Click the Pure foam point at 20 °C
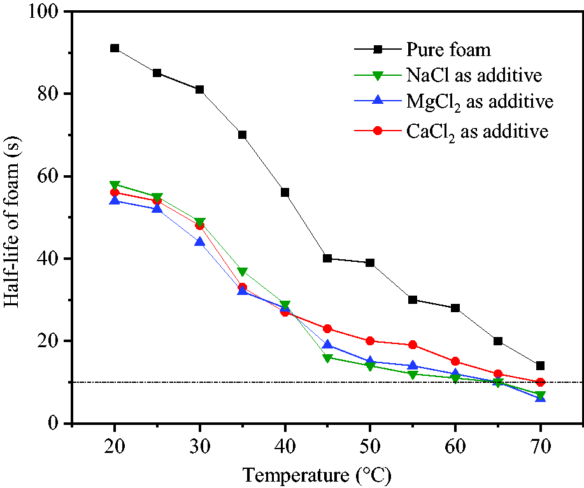(x=115, y=48)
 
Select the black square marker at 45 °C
(x=327, y=259)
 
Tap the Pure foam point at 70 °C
(x=541, y=366)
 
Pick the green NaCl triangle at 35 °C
(x=243, y=271)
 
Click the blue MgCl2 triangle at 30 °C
(x=199, y=241)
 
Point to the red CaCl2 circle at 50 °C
(x=370, y=341)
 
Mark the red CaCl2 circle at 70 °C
(x=541, y=382)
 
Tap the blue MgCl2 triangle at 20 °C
(x=115, y=201)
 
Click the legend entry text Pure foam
(x=448, y=50)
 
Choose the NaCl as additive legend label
(x=474, y=75)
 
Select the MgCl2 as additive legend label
(x=480, y=102)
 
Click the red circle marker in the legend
(x=378, y=131)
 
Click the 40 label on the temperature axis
(x=285, y=447)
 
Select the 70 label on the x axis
(x=541, y=447)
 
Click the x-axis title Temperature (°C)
(x=317, y=476)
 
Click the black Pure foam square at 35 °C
(x=243, y=135)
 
